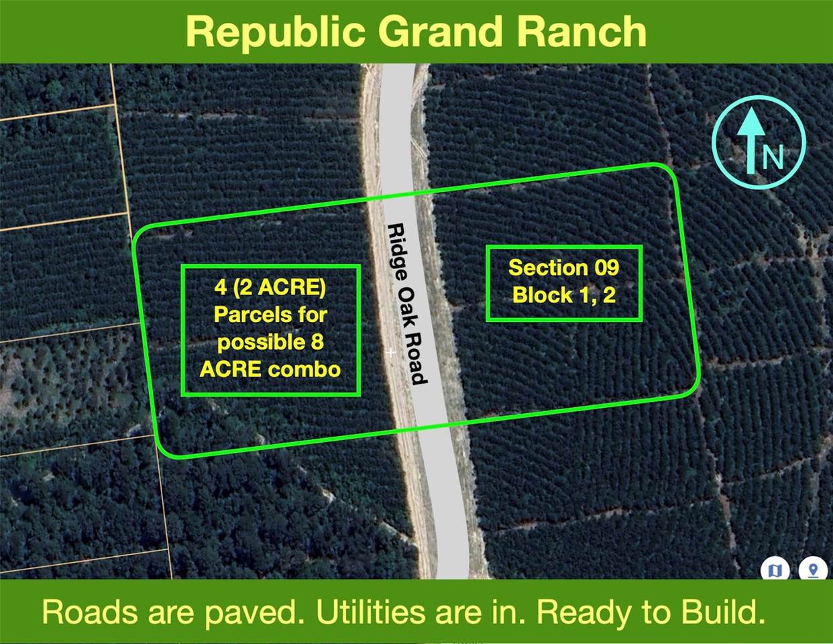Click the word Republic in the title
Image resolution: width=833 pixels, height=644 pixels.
pos(275,32)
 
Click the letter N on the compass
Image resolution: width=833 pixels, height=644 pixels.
pos(773,157)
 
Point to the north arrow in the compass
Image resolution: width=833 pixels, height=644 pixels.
pos(751,138)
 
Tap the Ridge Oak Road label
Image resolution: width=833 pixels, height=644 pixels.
pos(407,304)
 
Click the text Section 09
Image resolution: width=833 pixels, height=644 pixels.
pos(563,268)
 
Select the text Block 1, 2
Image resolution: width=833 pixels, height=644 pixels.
pos(563,295)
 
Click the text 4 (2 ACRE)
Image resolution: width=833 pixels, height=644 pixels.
pos(270,287)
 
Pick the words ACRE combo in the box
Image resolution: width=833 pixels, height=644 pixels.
pos(270,369)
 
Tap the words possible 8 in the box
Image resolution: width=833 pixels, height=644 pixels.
pos(270,342)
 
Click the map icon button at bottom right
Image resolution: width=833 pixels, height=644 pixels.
pos(775,570)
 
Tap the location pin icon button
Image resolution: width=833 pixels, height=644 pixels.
pos(813,570)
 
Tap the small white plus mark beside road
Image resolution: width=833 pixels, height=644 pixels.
pos(391,352)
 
